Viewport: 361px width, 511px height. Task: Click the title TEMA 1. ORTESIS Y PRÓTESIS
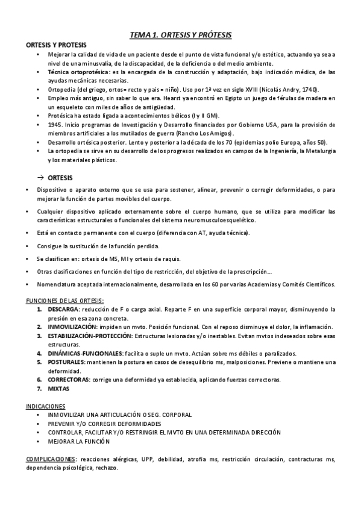(x=181, y=36)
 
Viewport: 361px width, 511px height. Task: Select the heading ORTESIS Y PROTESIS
(x=55, y=45)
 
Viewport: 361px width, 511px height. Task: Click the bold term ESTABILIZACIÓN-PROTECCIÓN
(x=90, y=335)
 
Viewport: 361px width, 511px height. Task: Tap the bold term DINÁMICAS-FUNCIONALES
(x=85, y=353)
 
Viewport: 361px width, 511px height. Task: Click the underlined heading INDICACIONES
(x=46, y=406)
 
